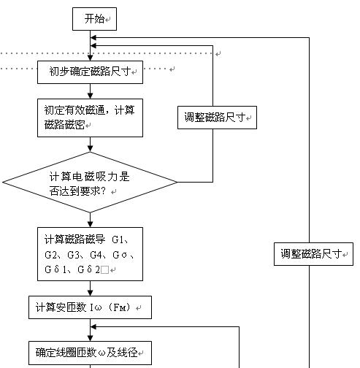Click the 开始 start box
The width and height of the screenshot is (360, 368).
pos(94,19)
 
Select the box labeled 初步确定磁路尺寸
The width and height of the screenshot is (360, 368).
pos(90,72)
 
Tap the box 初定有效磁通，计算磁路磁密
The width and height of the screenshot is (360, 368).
pos(90,118)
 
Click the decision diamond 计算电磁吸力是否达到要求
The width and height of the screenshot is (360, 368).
pos(90,183)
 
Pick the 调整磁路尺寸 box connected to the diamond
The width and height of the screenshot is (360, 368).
pos(217,118)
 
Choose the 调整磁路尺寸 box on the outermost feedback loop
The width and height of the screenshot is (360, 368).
pos(313,254)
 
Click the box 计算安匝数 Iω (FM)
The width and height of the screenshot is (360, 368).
pos(90,307)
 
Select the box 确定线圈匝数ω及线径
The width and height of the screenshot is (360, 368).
pos(90,353)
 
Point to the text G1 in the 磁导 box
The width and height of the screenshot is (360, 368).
pos(118,240)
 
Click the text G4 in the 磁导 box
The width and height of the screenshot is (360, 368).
pos(96,255)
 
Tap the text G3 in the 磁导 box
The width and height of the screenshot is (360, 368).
pos(73,255)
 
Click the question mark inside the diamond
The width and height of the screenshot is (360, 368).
pos(103,191)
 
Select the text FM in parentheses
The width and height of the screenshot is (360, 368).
pos(120,307)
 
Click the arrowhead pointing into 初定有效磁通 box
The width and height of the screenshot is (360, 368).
pos(90,96)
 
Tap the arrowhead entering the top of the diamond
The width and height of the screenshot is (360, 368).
pos(90,148)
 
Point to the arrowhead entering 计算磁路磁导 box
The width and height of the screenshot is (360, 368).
pos(90,224)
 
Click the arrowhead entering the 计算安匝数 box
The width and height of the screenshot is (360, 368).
pos(90,293)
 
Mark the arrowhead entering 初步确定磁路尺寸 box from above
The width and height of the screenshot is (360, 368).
pos(90,58)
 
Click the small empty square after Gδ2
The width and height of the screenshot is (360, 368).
pos(104,270)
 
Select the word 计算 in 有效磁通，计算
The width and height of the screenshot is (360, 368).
pos(125,110)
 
